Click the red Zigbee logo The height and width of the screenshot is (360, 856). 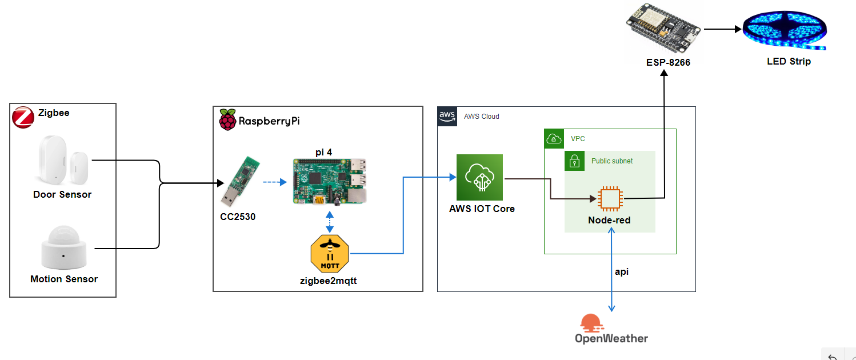click(x=23, y=117)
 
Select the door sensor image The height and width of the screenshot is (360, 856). click(x=63, y=161)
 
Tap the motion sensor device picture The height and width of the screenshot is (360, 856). click(x=64, y=247)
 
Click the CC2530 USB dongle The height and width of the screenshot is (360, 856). click(x=241, y=181)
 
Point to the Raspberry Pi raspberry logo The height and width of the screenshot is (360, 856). click(x=227, y=119)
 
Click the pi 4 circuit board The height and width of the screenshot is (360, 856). click(x=329, y=181)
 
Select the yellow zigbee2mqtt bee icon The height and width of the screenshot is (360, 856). click(x=330, y=254)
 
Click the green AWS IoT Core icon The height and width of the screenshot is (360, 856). click(x=479, y=177)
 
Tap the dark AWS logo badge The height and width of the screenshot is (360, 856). click(x=447, y=116)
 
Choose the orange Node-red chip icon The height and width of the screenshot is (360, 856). click(x=610, y=199)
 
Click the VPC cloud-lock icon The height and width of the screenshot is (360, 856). click(x=554, y=139)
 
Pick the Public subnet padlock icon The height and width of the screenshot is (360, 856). click(x=574, y=161)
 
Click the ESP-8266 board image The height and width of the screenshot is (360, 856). click(x=663, y=29)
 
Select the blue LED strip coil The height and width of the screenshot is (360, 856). click(x=785, y=30)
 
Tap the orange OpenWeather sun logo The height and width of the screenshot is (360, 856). click(x=592, y=323)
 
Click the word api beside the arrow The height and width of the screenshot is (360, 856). click(x=622, y=272)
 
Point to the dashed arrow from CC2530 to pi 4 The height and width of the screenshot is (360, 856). click(x=275, y=182)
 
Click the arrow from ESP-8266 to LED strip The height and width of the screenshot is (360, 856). click(x=723, y=29)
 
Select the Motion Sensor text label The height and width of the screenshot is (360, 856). click(x=64, y=279)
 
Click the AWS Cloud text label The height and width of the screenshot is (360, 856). click(x=482, y=117)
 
